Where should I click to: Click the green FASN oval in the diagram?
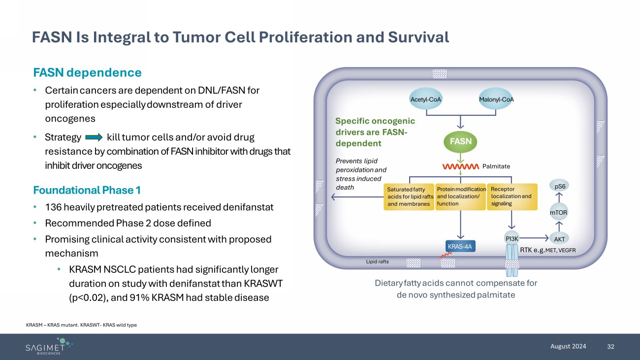point(460,141)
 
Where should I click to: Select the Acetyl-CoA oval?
point(426,99)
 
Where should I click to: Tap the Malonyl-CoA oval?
point(496,99)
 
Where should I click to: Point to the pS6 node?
point(560,187)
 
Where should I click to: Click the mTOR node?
point(559,213)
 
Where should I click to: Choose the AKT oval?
point(559,239)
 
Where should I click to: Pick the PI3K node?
point(512,238)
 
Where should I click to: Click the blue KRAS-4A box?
point(461,245)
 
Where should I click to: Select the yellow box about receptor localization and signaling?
point(512,196)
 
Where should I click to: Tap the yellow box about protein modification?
point(460,196)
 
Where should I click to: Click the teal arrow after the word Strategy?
point(94,136)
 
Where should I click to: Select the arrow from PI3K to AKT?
point(536,238)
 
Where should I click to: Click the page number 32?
point(611,346)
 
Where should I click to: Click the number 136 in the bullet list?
point(53,207)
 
